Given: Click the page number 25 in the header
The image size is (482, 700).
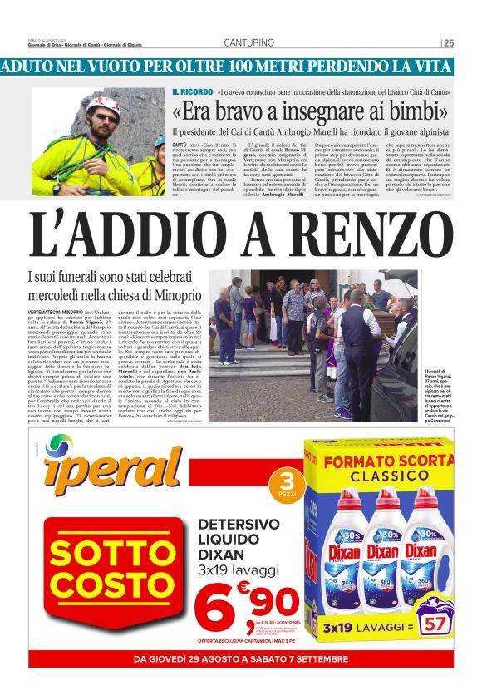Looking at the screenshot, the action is tap(448, 43).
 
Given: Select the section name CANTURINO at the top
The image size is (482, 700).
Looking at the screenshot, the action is tap(248, 43).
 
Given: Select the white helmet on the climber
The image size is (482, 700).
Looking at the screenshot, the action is tap(103, 105).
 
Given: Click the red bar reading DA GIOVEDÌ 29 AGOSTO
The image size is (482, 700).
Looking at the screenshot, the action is tap(241, 659).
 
